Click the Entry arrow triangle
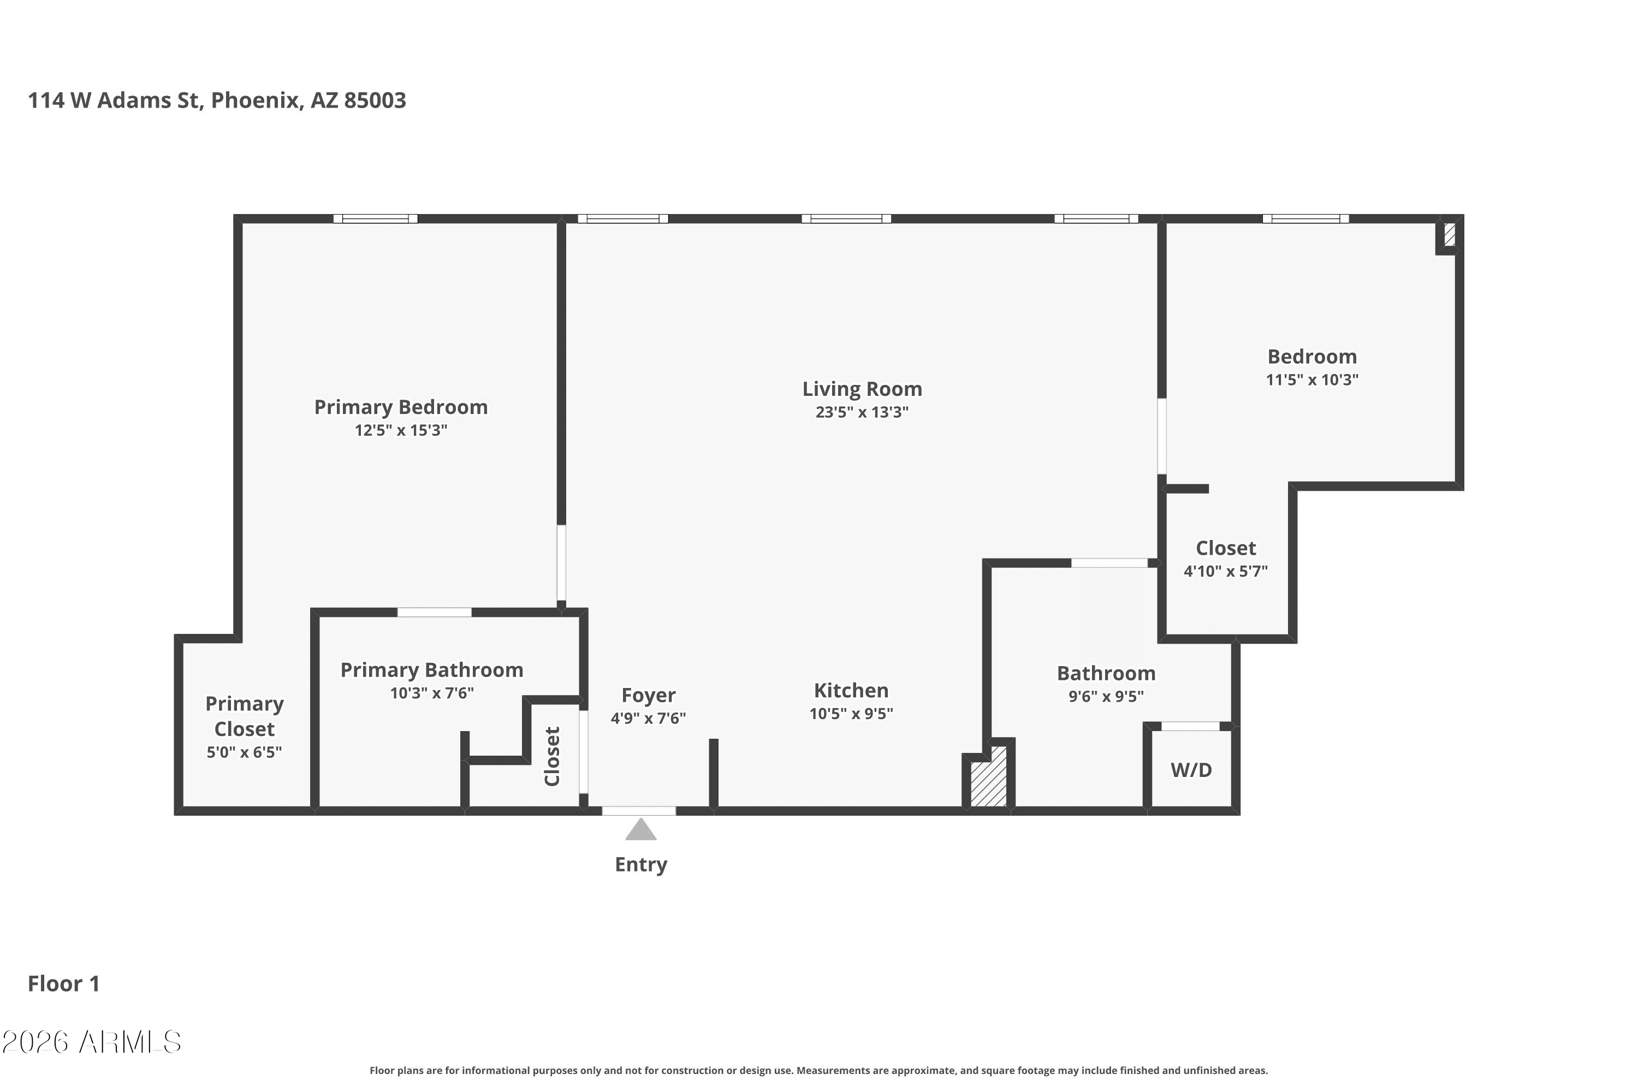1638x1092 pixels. (640, 829)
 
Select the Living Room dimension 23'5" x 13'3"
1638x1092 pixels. (862, 412)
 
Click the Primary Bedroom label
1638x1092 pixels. (401, 407)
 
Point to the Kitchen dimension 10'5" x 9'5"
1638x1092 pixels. (851, 713)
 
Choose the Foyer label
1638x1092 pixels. (649, 695)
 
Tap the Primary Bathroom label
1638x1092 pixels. (432, 670)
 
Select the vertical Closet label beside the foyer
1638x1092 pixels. (552, 756)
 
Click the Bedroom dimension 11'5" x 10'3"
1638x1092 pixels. (1312, 379)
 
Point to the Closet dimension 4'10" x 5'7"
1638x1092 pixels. (1226, 571)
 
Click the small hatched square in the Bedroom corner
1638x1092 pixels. (1449, 234)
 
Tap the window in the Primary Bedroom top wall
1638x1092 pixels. (376, 219)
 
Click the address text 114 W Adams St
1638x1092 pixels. (114, 100)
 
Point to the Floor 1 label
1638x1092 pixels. (64, 983)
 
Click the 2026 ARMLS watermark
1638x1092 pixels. (91, 1042)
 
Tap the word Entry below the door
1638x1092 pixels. (640, 864)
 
